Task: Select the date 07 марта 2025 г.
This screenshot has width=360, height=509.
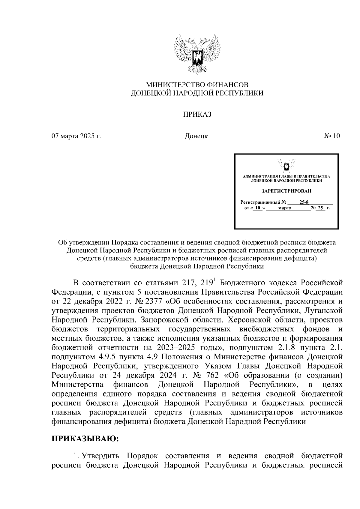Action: click(x=76, y=136)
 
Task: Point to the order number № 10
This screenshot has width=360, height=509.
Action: click(x=332, y=136)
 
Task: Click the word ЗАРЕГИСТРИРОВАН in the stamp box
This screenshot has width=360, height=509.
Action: click(x=286, y=191)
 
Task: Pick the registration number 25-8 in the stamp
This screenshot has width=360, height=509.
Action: click(x=300, y=202)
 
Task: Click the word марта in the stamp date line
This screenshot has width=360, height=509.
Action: click(x=285, y=208)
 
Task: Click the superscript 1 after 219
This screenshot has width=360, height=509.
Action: click(x=214, y=280)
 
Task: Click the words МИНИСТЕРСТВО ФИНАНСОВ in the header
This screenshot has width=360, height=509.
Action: click(x=197, y=85)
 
